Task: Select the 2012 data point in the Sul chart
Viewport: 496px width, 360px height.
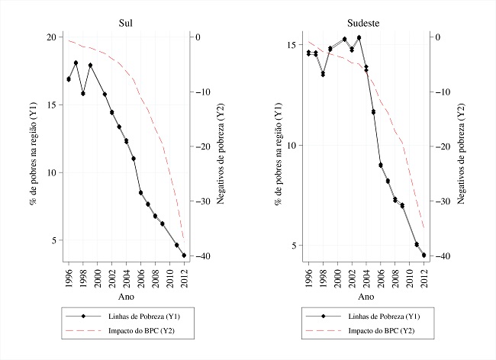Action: click(184, 256)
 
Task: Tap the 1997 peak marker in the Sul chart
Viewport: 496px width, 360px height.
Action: click(76, 63)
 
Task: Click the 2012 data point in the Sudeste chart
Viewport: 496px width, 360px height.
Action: click(424, 255)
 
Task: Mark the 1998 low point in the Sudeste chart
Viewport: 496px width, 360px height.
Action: click(323, 74)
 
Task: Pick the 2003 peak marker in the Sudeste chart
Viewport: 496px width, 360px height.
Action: click(359, 37)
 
